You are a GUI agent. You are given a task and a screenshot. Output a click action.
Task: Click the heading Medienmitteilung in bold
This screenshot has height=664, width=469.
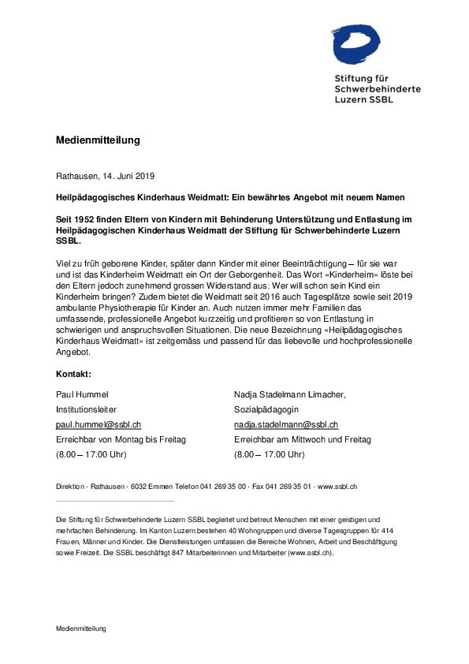(98, 140)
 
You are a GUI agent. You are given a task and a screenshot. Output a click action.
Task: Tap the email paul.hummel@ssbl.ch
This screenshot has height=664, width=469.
(99, 424)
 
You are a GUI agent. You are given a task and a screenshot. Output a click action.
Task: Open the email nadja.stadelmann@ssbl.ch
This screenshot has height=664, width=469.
(286, 424)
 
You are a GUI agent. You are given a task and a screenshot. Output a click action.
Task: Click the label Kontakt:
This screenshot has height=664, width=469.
(73, 373)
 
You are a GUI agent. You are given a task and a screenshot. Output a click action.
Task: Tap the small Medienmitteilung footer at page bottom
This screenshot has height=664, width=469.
(81, 629)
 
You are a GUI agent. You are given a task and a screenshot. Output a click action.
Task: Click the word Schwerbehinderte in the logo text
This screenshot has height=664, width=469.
(378, 89)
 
